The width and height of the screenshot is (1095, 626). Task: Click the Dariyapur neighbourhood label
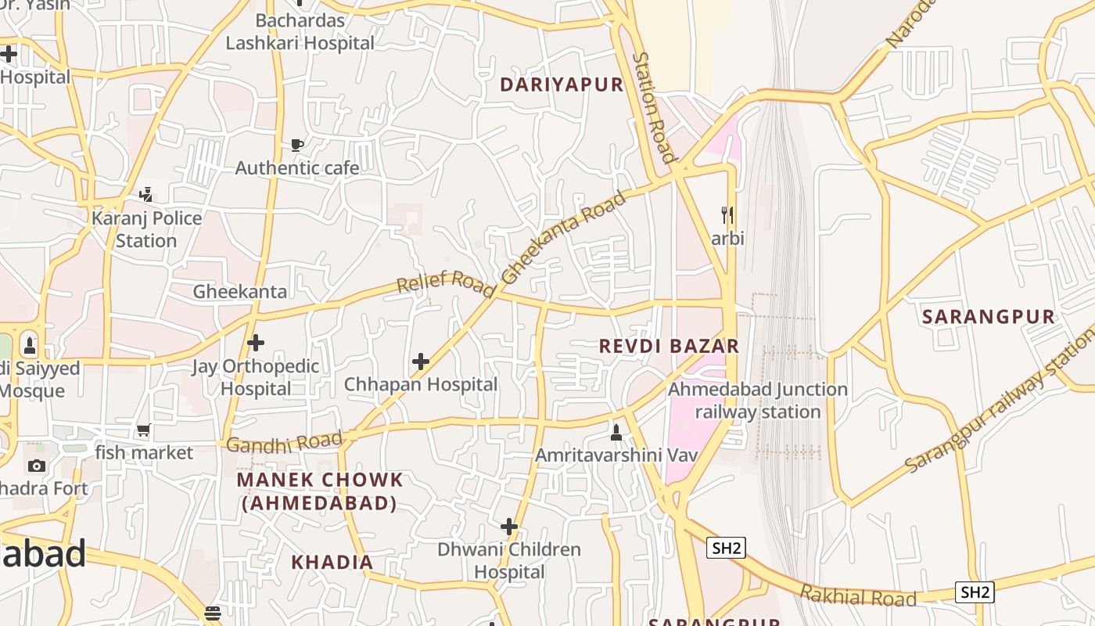tap(562, 85)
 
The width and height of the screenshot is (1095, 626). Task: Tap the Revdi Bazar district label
tap(669, 346)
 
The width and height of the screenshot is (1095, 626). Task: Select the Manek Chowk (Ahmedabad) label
tap(320, 491)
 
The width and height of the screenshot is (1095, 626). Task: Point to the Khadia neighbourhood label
tap(332, 562)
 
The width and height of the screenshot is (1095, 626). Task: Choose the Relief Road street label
tap(446, 285)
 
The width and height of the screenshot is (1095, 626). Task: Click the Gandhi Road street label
tap(284, 443)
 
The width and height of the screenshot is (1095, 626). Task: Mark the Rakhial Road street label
tap(858, 596)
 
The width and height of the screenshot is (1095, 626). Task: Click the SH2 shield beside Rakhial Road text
tap(974, 592)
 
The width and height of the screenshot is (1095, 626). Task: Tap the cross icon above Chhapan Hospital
tap(421, 362)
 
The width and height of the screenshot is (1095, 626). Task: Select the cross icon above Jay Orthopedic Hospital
tap(256, 343)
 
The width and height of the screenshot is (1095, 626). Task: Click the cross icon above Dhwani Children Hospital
tap(509, 527)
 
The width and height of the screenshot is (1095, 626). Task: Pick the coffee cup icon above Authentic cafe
tap(296, 145)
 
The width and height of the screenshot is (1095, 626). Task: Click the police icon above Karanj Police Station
tap(146, 194)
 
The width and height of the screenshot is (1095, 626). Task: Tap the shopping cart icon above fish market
tap(144, 430)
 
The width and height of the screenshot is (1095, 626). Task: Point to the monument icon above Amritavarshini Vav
tap(616, 432)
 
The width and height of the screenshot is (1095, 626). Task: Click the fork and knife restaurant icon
tap(727, 214)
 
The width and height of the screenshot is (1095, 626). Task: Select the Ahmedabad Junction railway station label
tap(758, 400)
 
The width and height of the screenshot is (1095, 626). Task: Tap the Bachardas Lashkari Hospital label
tap(300, 32)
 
